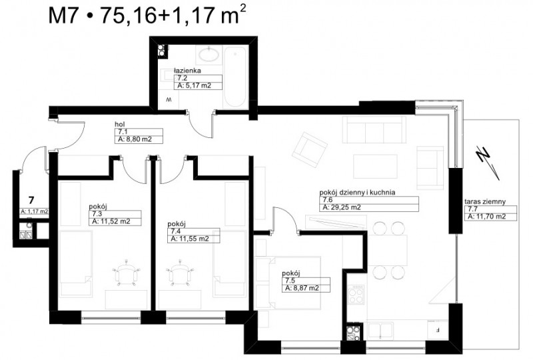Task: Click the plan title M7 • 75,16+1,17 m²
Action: tap(147, 15)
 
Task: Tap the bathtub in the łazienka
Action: tap(235, 77)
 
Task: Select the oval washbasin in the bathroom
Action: tap(208, 55)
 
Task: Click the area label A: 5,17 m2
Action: tap(194, 86)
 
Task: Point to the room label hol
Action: tap(119, 124)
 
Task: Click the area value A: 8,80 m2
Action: tap(135, 139)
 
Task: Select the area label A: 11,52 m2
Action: tap(111, 221)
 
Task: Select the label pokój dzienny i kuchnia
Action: tap(357, 192)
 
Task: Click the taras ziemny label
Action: tap(485, 201)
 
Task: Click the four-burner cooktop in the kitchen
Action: tap(356, 295)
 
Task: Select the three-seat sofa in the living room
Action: tap(374, 129)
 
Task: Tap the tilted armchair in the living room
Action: tap(310, 151)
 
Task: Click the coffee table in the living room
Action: tap(375, 167)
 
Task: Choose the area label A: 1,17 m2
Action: tap(35, 211)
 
